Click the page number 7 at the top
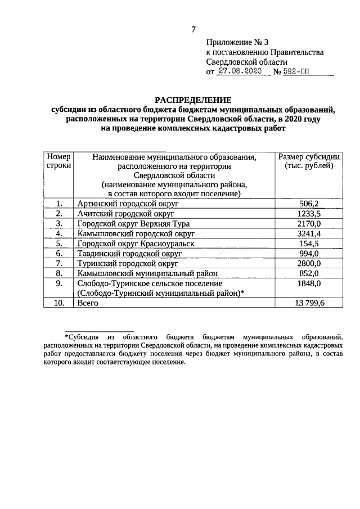pos(193,29)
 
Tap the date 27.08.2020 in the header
pos(241,72)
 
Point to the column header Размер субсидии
pos(309,157)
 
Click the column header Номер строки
pos(58,161)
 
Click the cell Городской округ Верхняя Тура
pos(133,224)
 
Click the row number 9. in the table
pos(58,283)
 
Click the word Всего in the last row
pos(88,303)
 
